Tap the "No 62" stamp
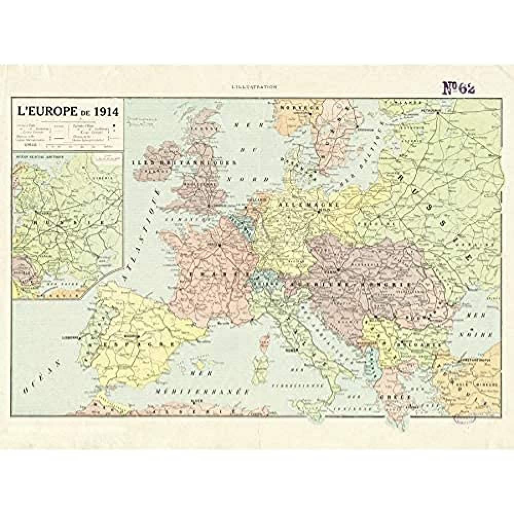point(459,88)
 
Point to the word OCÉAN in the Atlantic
point(38,382)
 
